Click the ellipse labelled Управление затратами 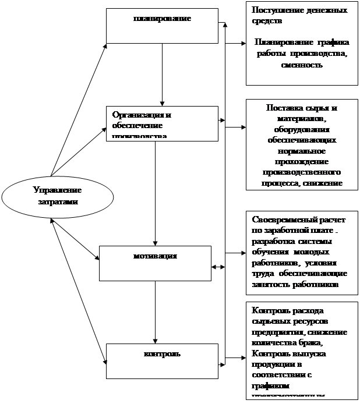57,196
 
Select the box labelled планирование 162,25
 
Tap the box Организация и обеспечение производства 162,122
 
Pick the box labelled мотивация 154,263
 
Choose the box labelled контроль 162,360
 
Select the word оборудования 301,130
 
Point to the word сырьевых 269,321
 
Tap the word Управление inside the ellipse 57,190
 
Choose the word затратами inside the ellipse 57,201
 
